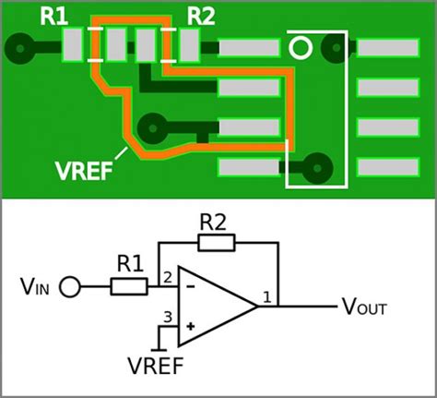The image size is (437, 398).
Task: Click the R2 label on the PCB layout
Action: coord(200,16)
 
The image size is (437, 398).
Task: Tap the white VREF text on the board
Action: coord(84,172)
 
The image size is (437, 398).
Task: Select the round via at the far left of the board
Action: coord(18,45)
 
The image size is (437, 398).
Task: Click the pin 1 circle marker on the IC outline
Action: coord(300,47)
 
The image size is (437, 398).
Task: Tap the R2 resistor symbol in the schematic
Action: coord(218,243)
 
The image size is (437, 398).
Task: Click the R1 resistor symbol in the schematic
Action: coord(129,286)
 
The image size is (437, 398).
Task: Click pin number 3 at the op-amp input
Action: coord(167,318)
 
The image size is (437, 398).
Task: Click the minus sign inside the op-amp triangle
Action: coord(191,287)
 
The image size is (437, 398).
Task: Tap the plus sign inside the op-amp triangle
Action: coord(191,326)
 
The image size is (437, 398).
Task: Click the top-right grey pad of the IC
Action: coord(387,47)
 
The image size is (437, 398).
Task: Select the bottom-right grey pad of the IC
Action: coord(387,167)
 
